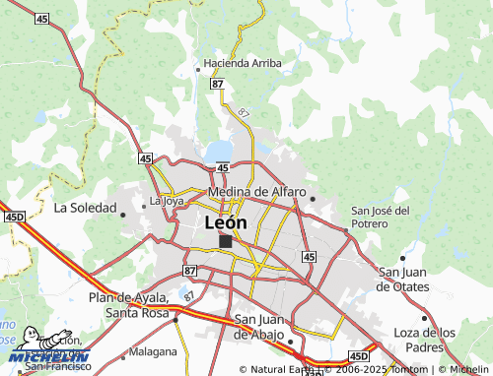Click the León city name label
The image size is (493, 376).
tap(225, 222)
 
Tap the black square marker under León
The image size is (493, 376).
tap(226, 241)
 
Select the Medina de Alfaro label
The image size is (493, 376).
tap(256, 192)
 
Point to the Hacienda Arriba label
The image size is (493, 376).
tap(243, 63)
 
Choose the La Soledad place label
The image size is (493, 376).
tap(86, 208)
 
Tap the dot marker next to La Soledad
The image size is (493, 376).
tap(125, 213)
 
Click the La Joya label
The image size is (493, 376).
tap(166, 201)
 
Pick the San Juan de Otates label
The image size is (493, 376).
tap(404, 280)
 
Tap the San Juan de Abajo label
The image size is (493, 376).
tap(263, 326)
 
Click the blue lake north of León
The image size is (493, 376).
tap(219, 152)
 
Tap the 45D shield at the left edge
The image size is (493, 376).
tap(13, 216)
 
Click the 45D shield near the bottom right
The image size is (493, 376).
tap(358, 355)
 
